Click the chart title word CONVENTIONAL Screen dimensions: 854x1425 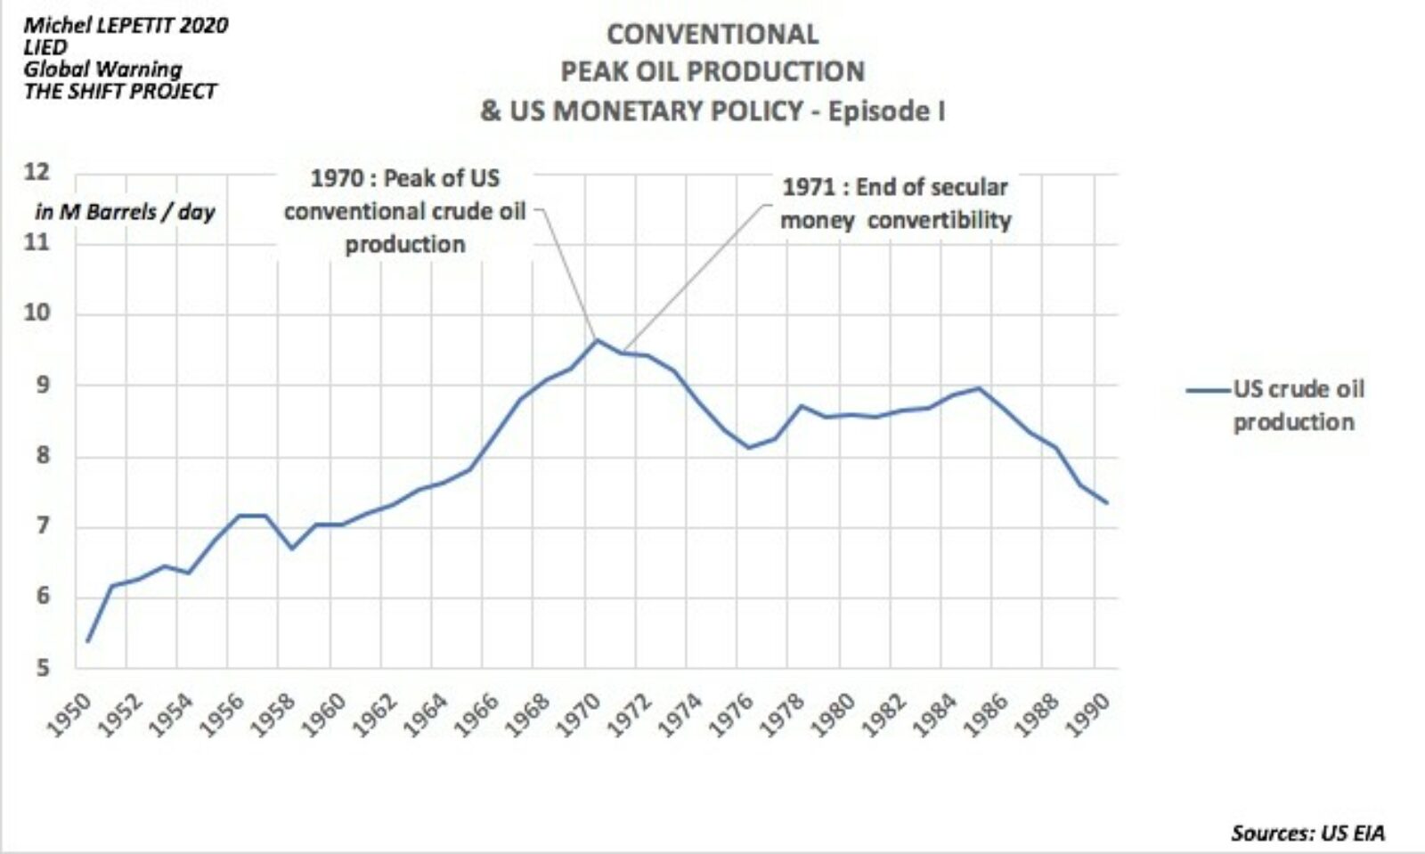(712, 34)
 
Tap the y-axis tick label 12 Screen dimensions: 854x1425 (37, 172)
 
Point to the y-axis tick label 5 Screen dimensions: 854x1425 (43, 668)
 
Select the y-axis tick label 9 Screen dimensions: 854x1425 (43, 386)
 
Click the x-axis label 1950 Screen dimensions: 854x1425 (69, 715)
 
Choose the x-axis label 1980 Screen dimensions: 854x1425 (834, 715)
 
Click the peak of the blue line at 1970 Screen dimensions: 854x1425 (597, 339)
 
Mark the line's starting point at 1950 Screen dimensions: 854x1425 (87, 641)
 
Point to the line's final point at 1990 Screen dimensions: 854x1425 (1106, 503)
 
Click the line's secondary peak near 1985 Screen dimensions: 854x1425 (979, 388)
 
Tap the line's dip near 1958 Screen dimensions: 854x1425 (291, 548)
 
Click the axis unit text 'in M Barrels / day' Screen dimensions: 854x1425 (125, 212)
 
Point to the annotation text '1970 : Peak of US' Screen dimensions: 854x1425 (404, 178)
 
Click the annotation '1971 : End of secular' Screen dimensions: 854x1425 (894, 187)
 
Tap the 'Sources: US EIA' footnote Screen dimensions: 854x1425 (1307, 833)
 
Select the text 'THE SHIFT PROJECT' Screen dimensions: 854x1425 (119, 91)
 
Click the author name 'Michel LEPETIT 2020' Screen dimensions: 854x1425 (126, 25)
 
